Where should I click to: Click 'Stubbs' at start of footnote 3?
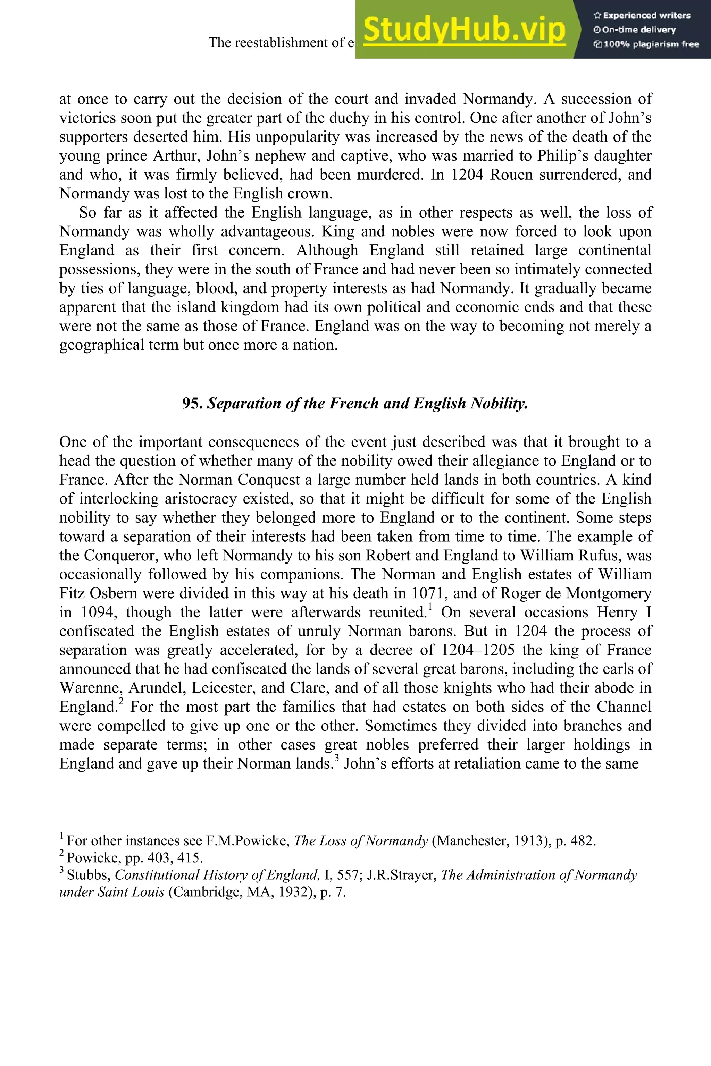89,875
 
